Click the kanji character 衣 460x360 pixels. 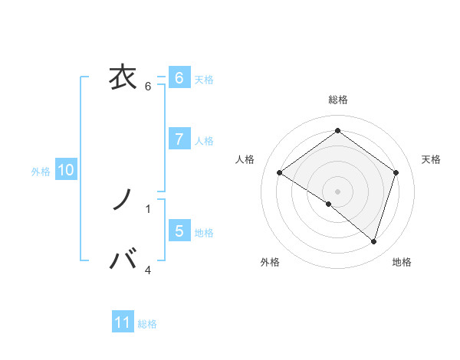point(123,77)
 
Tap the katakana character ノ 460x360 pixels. point(123,201)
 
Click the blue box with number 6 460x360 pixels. point(179,78)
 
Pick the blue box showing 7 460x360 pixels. point(179,139)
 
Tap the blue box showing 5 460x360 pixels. point(179,231)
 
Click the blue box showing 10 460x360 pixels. point(66,170)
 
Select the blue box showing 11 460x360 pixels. point(123,322)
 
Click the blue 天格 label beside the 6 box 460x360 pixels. point(204,80)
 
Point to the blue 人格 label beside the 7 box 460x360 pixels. point(204,141)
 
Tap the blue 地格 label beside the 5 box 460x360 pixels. point(204,233)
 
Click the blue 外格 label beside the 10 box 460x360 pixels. point(41,172)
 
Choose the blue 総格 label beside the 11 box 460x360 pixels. point(147,324)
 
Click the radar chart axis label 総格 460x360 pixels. point(338,100)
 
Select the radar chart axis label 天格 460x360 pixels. point(432,159)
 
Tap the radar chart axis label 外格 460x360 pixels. point(270,263)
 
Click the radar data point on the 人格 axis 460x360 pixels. point(279,173)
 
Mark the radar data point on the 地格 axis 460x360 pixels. point(374,241)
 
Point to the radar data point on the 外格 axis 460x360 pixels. point(329,205)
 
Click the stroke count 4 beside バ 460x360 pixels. point(148,270)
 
